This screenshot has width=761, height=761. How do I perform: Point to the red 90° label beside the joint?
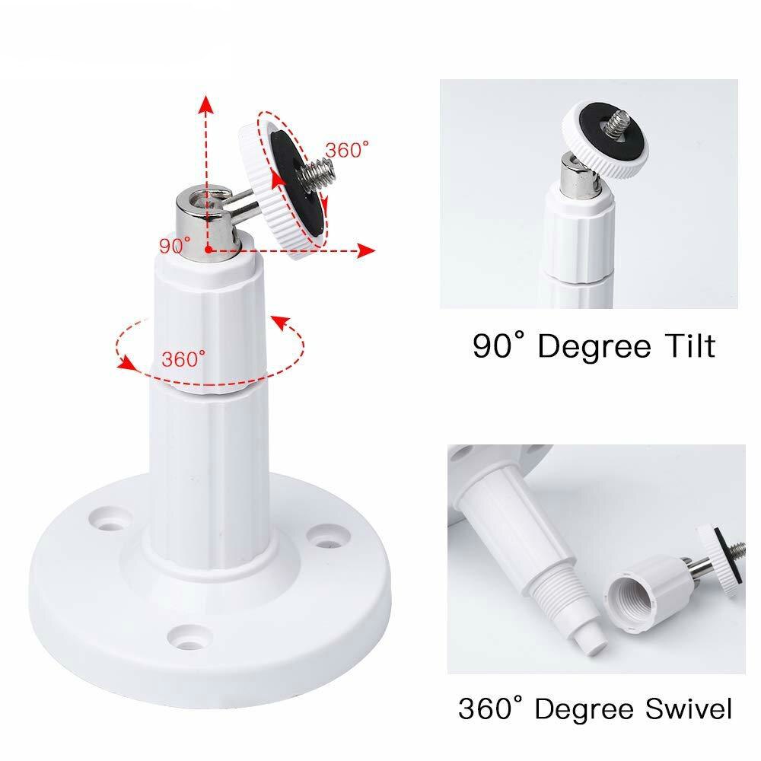pyautogui.click(x=174, y=245)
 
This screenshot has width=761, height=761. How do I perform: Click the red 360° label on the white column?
pyautogui.click(x=183, y=358)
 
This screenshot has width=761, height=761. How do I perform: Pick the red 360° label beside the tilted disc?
pyautogui.click(x=347, y=151)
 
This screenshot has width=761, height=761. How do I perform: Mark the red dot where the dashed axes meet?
pyautogui.click(x=206, y=250)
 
